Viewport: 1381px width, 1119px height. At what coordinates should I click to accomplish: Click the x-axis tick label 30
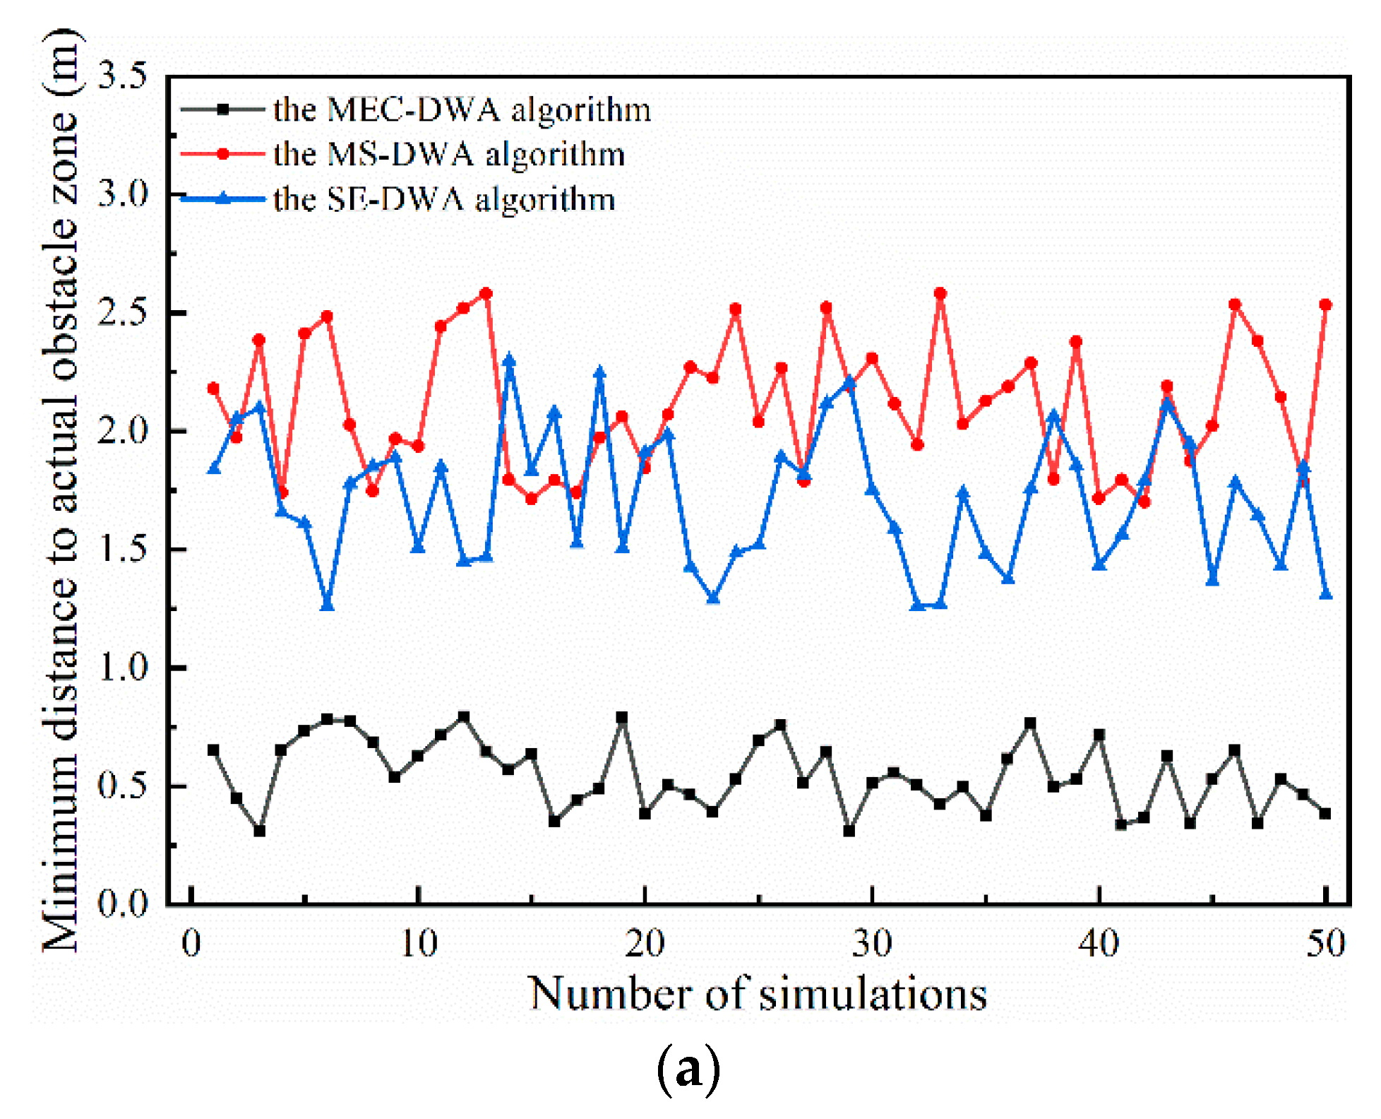(x=872, y=944)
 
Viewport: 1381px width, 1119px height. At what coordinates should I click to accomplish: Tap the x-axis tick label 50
(x=1325, y=944)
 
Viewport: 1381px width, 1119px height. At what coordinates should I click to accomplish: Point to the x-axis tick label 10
(x=419, y=944)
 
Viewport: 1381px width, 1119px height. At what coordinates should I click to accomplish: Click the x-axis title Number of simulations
(x=758, y=994)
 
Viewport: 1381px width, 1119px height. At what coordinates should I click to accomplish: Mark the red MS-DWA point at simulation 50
(x=1325, y=304)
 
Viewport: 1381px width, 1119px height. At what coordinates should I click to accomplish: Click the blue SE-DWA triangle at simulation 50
(x=1325, y=593)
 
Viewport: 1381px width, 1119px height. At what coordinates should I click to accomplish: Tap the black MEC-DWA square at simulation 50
(x=1325, y=814)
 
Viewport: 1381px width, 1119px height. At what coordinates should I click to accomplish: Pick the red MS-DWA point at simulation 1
(x=213, y=389)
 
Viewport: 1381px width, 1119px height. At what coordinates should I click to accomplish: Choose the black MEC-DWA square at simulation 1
(x=213, y=750)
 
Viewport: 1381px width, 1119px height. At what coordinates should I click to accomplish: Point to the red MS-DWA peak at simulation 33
(x=940, y=293)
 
